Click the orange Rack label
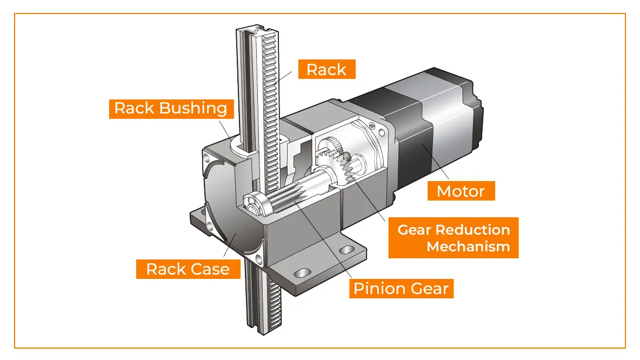[326, 69]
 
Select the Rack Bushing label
[171, 108]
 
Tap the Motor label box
[461, 191]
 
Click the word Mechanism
[468, 246]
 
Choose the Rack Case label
[188, 269]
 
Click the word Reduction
[473, 230]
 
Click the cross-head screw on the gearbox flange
[372, 125]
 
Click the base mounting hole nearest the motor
[344, 250]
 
